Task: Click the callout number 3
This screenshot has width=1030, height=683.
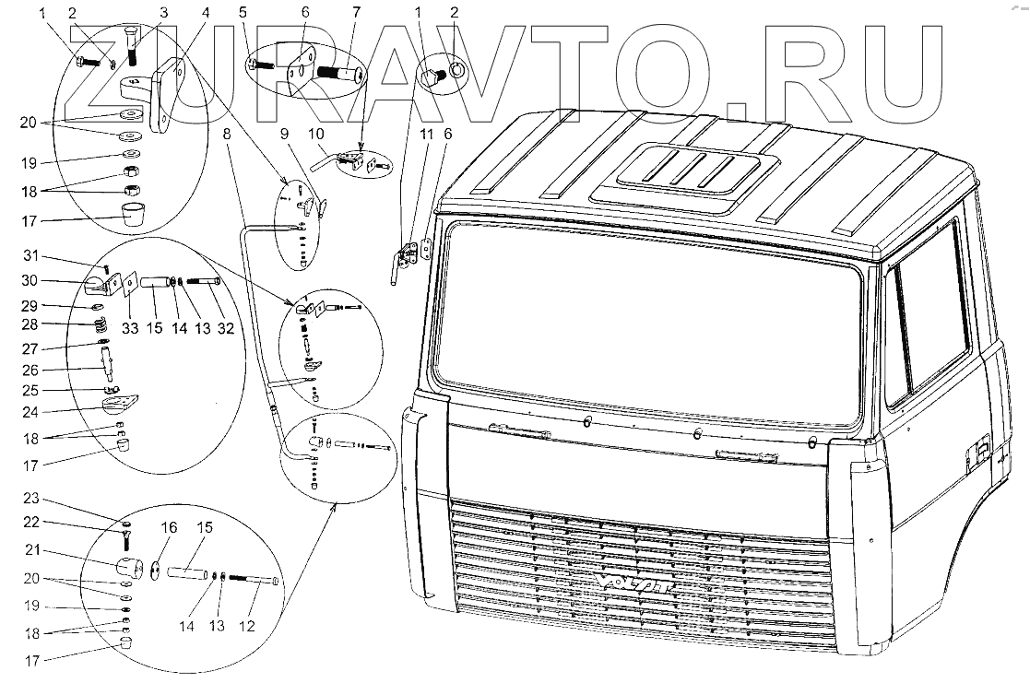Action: (x=162, y=13)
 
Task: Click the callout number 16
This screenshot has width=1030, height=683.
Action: (x=170, y=527)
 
